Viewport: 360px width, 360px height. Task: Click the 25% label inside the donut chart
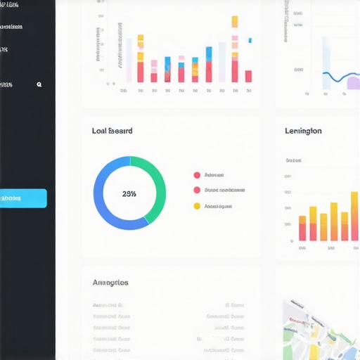click(x=129, y=193)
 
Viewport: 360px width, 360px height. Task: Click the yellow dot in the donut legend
click(x=197, y=206)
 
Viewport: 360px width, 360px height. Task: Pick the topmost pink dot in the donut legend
click(x=197, y=175)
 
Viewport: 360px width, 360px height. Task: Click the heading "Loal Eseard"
click(x=112, y=131)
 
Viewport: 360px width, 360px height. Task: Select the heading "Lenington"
click(x=303, y=131)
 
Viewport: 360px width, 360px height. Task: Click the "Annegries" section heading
click(x=110, y=282)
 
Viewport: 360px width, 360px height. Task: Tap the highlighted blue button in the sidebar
click(x=23, y=198)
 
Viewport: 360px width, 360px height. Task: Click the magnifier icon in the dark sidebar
click(x=39, y=84)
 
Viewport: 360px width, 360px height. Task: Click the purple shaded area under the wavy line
click(x=352, y=84)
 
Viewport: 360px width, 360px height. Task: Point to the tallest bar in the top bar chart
click(x=234, y=49)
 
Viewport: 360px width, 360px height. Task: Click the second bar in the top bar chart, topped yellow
click(x=141, y=59)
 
